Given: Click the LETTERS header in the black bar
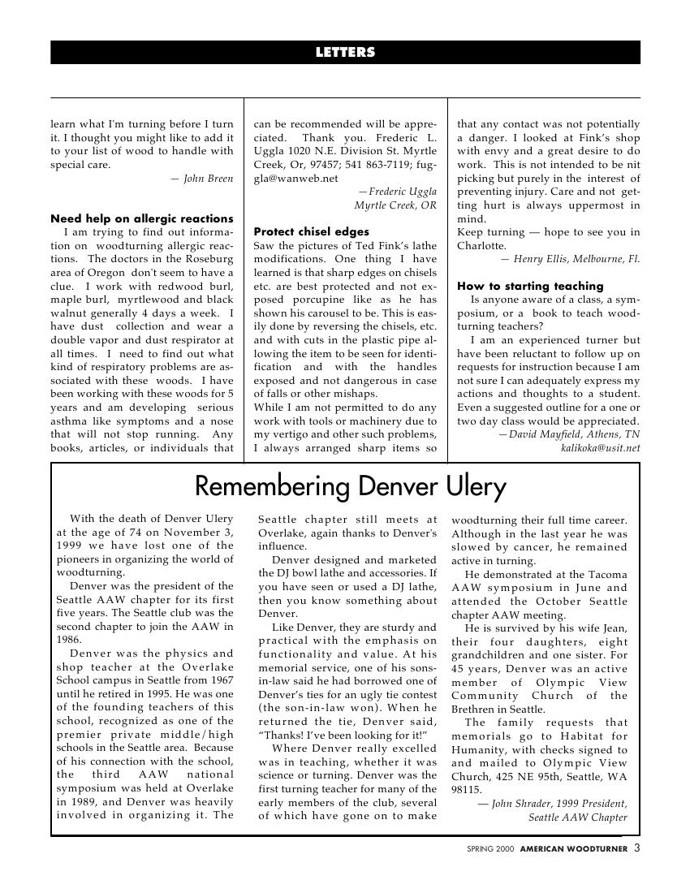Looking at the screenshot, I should click(x=345, y=53).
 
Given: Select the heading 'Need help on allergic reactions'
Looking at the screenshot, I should click(x=142, y=218).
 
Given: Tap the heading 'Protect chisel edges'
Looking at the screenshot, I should click(x=311, y=231).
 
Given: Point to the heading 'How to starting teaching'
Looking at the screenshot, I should click(x=530, y=286).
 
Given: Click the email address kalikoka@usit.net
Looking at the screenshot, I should click(x=600, y=447).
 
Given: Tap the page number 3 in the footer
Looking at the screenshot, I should click(x=636, y=848).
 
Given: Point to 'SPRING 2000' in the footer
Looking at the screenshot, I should click(x=490, y=849).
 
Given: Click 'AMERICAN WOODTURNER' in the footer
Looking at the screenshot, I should click(x=574, y=849).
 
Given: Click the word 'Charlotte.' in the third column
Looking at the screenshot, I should click(x=481, y=246).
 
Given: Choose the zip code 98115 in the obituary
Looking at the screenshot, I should click(x=467, y=789).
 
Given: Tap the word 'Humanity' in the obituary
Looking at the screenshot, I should click(x=480, y=749).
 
